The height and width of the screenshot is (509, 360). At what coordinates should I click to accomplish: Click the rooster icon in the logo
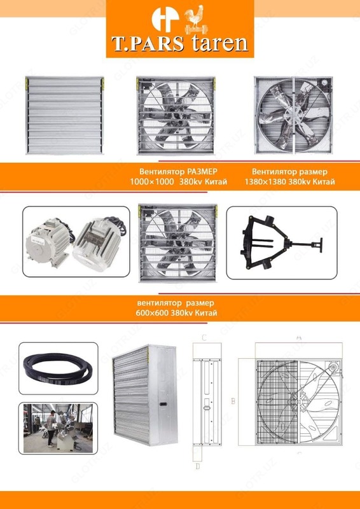pos(192,18)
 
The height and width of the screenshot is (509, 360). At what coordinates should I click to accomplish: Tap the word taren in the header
pos(218,44)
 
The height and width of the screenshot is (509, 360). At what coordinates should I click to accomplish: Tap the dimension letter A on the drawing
pos(298,337)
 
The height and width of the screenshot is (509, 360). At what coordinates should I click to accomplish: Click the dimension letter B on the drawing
pos(233,401)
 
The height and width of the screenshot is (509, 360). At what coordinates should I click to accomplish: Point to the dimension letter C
pos(203,338)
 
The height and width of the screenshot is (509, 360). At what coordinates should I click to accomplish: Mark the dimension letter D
pos(198,466)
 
